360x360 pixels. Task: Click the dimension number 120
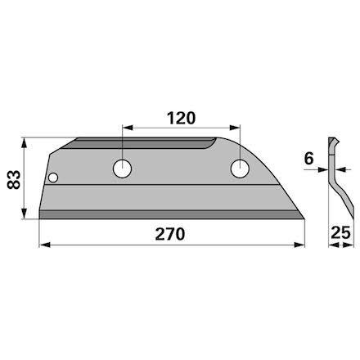click(181, 118)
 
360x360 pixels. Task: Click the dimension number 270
click(170, 234)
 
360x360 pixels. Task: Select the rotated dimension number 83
click(14, 179)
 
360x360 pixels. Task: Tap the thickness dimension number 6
click(308, 159)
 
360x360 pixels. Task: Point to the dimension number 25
click(340, 232)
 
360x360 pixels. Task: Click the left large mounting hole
click(122, 169)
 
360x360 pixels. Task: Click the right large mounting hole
click(240, 169)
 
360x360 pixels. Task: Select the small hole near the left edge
click(53, 178)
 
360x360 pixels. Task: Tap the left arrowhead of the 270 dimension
click(45, 245)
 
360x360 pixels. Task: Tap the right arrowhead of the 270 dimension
click(299, 245)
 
